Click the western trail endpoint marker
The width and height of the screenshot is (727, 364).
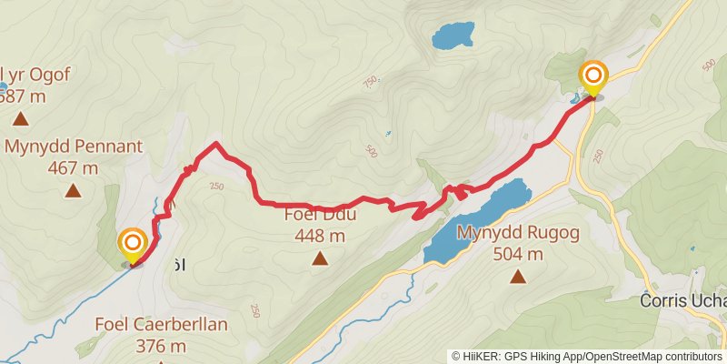133,243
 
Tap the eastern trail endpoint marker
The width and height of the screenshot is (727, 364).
593,75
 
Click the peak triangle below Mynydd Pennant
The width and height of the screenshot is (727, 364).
73,191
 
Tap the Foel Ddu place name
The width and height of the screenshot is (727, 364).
320,215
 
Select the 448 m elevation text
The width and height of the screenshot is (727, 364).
320,237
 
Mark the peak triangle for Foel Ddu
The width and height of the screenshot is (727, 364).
320,259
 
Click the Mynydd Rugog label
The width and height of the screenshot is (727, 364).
517,232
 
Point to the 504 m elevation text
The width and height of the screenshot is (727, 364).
517,254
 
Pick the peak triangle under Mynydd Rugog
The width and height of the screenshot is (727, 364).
518,277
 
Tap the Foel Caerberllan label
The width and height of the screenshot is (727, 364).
161,324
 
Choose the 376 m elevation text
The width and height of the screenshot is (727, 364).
161,346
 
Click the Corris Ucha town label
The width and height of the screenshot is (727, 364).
682,301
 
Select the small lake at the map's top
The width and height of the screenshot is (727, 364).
452,36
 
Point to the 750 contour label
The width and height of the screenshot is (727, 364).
370,83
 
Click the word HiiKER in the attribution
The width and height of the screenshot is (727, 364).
480,357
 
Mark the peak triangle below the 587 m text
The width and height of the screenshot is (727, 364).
20,119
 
